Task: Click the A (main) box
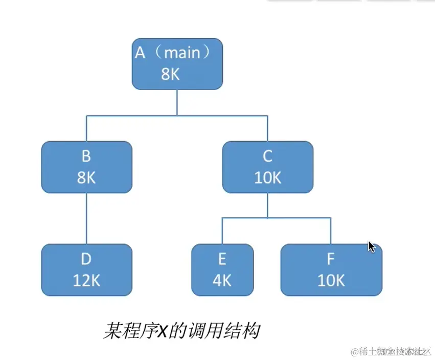[177, 63]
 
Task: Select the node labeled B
[86, 167]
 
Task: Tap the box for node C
[267, 167]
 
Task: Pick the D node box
[86, 269]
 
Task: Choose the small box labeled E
[222, 269]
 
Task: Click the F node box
[331, 269]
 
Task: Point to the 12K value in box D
[86, 280]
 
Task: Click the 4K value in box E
[222, 280]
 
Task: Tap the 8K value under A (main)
[170, 74]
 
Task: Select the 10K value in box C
[267, 177]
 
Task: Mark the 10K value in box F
[331, 280]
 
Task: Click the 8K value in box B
[86, 177]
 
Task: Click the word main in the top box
[182, 53]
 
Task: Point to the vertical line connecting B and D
[86, 218]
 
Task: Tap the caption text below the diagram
[181, 331]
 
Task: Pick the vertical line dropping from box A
[177, 102]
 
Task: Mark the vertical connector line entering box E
[222, 231]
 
